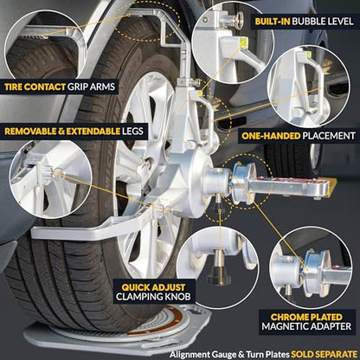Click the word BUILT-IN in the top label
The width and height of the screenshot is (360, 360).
[273, 22]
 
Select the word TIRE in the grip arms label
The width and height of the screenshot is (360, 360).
[14, 87]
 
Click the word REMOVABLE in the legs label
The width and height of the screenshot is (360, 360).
[30, 132]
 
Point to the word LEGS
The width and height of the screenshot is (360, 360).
[132, 132]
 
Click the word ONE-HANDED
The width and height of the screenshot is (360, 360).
[271, 136]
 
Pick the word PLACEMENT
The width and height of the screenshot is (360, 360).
[329, 136]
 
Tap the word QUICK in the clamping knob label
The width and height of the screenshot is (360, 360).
[136, 287]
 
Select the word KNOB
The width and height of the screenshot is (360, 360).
[178, 297]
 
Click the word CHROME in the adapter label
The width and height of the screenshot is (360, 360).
[288, 318]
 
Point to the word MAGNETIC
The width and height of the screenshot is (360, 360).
[282, 326]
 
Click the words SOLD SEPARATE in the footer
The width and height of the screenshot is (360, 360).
[324, 354]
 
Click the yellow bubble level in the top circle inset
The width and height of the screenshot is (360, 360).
[243, 43]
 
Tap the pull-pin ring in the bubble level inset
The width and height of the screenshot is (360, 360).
[237, 20]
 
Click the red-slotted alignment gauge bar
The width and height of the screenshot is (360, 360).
[288, 184]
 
